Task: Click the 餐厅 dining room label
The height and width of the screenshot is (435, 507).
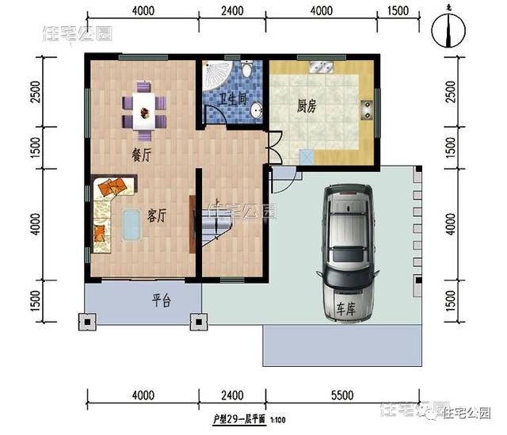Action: [141, 156]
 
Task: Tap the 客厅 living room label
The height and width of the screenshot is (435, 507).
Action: [157, 216]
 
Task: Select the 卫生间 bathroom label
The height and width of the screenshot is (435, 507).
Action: [233, 100]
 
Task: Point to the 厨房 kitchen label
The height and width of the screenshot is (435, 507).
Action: [307, 107]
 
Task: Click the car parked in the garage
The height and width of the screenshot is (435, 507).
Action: [346, 253]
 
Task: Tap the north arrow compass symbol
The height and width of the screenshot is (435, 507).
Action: [449, 31]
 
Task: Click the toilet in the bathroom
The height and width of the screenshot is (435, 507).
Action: [249, 72]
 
